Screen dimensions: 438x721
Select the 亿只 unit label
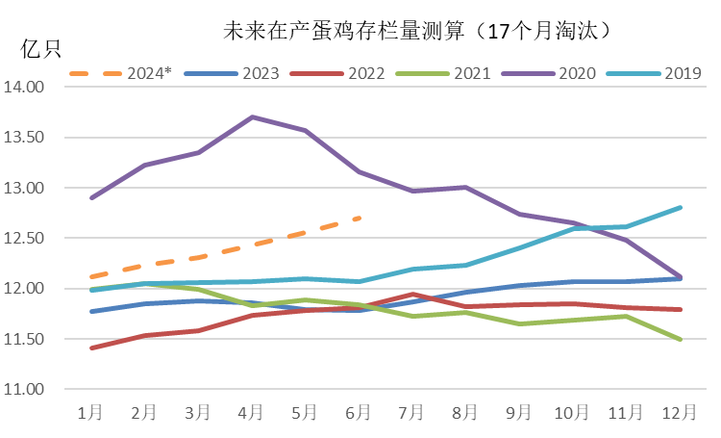point(41,49)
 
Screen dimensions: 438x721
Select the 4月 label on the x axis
point(251,412)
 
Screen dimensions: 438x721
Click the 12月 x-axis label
point(681,412)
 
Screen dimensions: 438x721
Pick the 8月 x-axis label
point(465,412)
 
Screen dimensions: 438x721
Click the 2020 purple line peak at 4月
point(252,116)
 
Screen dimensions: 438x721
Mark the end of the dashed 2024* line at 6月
point(359,218)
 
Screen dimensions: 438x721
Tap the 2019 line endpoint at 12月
point(681,207)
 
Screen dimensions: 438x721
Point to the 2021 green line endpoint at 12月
point(681,340)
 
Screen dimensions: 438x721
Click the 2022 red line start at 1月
point(90,348)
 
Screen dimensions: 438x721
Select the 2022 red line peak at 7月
point(412,295)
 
